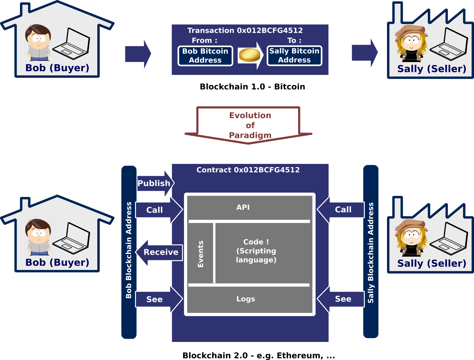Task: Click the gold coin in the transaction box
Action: (249, 55)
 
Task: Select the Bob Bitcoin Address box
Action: (205, 56)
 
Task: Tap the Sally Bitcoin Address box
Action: (294, 55)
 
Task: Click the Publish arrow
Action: (155, 183)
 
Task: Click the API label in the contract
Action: (243, 207)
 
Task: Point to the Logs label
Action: (246, 299)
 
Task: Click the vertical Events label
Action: (201, 254)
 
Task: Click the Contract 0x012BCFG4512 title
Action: (248, 170)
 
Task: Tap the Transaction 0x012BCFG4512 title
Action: (245, 31)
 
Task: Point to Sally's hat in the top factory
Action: (411, 31)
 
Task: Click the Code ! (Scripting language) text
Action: (256, 251)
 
